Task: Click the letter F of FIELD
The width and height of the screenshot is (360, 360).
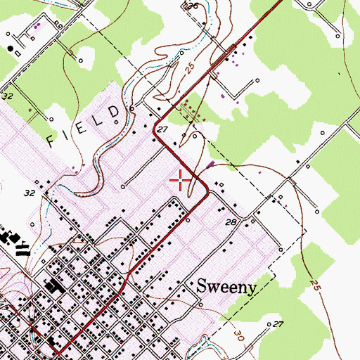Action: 52,140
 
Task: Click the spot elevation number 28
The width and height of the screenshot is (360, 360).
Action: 230,222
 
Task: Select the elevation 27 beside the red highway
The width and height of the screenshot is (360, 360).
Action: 162,129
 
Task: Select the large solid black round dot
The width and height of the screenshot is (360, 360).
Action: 12,49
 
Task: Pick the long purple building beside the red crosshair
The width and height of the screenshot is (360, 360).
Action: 211,166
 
